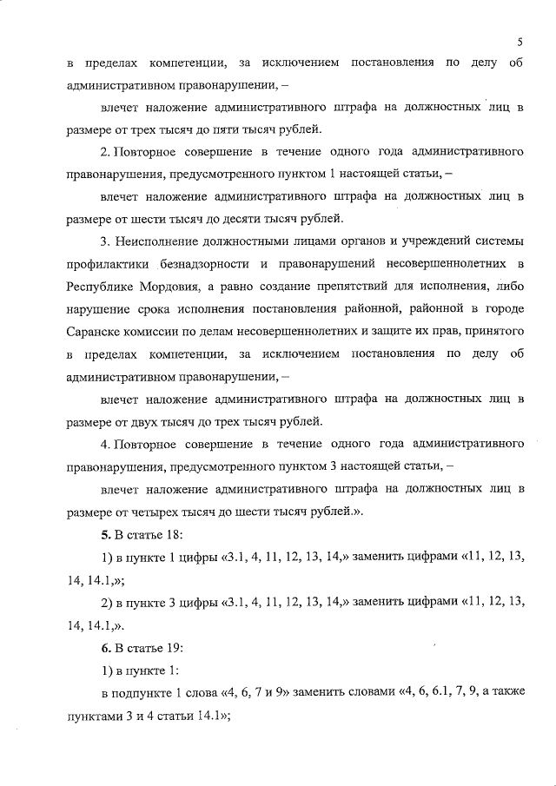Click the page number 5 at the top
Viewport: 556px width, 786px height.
[x=519, y=41]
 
